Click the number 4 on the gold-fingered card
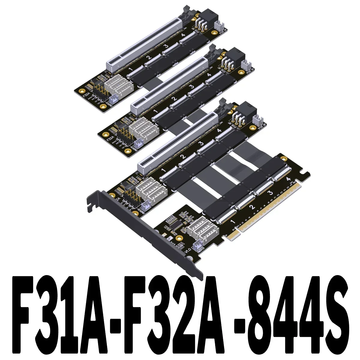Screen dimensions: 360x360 289,179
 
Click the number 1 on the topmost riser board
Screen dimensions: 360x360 130,70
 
